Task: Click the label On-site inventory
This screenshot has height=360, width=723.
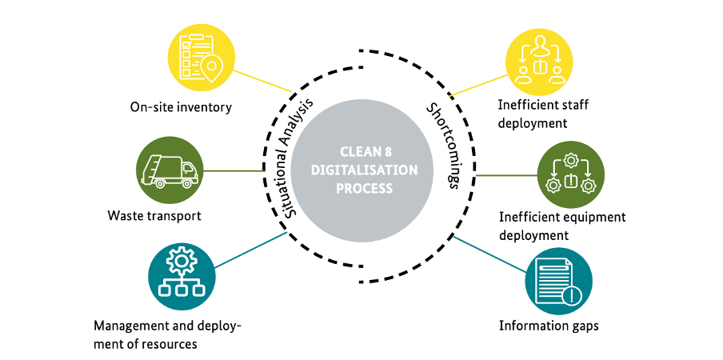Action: tap(182, 107)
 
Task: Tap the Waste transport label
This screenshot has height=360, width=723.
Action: tap(154, 216)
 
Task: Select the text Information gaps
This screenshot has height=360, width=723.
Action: tap(549, 326)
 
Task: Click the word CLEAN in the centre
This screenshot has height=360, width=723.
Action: tap(360, 151)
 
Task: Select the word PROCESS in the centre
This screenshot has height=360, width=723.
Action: tap(365, 189)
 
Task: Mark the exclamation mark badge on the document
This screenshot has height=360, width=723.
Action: tap(571, 296)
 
